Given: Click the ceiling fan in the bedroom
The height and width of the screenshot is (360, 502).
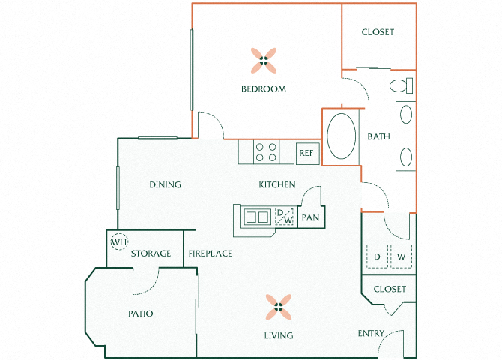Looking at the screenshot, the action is (x=264, y=61).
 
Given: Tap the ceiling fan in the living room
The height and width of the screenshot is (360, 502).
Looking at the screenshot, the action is (x=279, y=307).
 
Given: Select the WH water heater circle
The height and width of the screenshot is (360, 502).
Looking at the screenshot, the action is (x=119, y=241).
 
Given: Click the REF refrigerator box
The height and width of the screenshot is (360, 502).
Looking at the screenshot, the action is (x=308, y=153).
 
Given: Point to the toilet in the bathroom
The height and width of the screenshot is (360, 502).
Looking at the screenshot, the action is (x=401, y=85).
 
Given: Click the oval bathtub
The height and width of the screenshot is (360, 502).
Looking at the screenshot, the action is (x=341, y=136).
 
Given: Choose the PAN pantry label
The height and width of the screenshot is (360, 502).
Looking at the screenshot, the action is (x=310, y=218).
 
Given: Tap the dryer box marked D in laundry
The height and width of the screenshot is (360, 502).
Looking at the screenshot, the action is (x=377, y=256).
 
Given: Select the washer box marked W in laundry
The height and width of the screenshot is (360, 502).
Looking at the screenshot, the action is (x=401, y=256).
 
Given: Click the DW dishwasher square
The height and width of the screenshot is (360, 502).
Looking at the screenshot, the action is (x=284, y=217).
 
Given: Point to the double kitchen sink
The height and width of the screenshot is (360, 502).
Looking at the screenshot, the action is (x=258, y=217).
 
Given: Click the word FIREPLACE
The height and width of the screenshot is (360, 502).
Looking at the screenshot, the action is (x=211, y=253).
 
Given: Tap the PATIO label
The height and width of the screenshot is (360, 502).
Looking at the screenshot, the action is (x=141, y=313).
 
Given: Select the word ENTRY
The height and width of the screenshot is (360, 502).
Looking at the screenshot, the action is (x=371, y=334).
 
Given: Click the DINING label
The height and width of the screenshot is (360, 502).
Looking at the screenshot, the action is (x=165, y=184).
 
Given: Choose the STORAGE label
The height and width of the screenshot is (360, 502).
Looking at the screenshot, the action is (x=151, y=253).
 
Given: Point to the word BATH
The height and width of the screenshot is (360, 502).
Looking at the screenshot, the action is (x=378, y=137).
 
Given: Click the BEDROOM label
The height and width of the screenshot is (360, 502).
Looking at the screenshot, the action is (x=264, y=88).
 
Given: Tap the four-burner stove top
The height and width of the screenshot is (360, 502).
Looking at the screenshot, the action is (x=266, y=152).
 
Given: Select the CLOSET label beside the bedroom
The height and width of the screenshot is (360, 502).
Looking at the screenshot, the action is (x=378, y=32).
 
